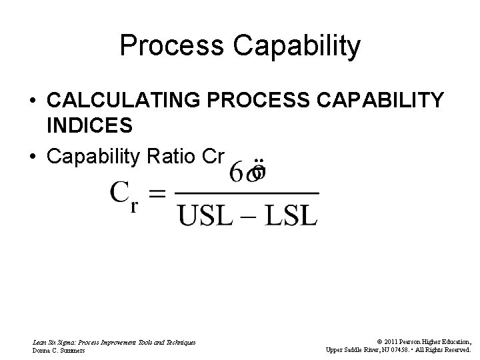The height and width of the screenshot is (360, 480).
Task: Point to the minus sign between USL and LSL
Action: (x=249, y=215)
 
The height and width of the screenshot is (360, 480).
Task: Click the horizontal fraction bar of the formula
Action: (x=247, y=194)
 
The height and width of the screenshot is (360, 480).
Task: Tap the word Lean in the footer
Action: (x=39, y=342)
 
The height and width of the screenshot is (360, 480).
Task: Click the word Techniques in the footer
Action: (x=178, y=342)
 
